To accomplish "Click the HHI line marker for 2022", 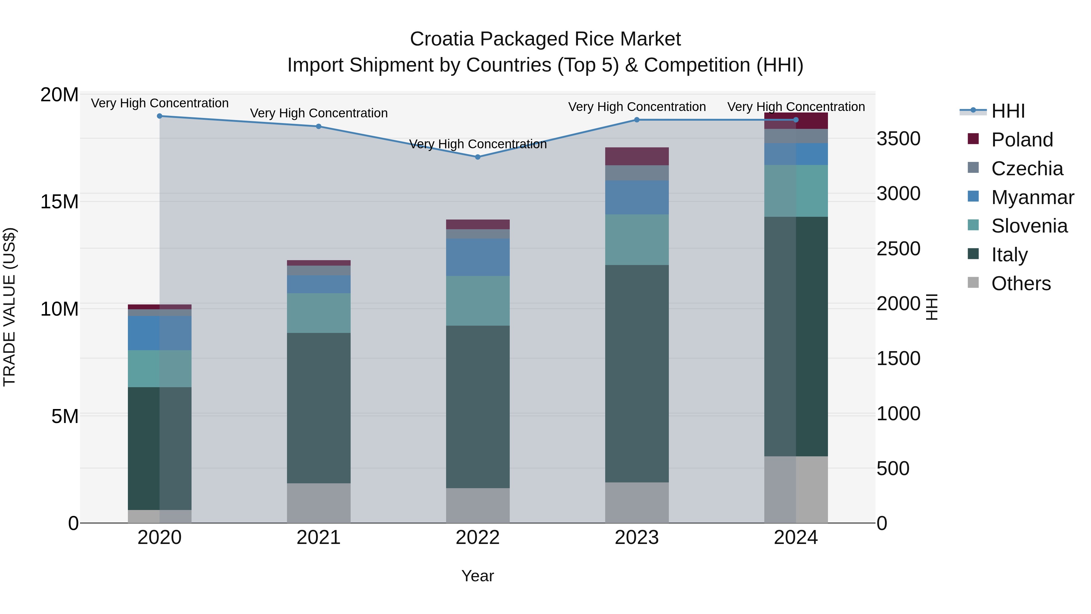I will pyautogui.click(x=477, y=157).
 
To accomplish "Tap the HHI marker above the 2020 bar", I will pyautogui.click(x=160, y=116).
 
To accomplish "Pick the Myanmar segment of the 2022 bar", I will pyautogui.click(x=477, y=257).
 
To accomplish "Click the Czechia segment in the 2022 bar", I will pyautogui.click(x=477, y=234).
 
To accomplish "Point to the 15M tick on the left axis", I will pyautogui.click(x=59, y=202).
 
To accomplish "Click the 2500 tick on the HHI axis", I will pyautogui.click(x=898, y=249).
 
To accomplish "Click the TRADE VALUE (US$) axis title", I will pyautogui.click(x=10, y=307).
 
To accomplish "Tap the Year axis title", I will pyautogui.click(x=477, y=576).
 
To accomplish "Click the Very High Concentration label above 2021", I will pyautogui.click(x=319, y=113).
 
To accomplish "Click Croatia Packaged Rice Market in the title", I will pyautogui.click(x=545, y=39).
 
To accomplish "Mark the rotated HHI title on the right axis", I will pyautogui.click(x=932, y=307).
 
